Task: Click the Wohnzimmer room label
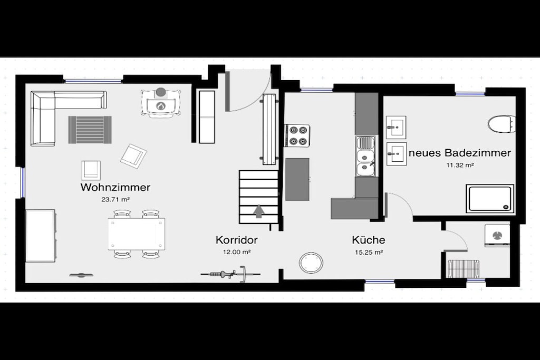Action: point(115,187)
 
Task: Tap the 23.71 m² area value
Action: point(115,199)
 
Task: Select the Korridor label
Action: point(237,240)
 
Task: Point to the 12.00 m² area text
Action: point(237,252)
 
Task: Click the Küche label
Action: point(369,240)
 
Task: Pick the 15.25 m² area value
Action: point(369,252)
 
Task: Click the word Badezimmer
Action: point(478,152)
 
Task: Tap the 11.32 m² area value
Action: point(460,165)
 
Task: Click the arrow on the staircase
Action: point(258,211)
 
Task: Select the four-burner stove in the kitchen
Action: point(297,135)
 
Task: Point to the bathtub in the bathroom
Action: point(490,199)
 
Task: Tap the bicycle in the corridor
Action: point(230,274)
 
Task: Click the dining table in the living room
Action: point(137,234)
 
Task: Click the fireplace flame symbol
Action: point(160,106)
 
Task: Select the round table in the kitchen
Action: point(311,263)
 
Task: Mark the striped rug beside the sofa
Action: point(90,130)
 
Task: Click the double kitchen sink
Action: point(366,156)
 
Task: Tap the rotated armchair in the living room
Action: point(133,156)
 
